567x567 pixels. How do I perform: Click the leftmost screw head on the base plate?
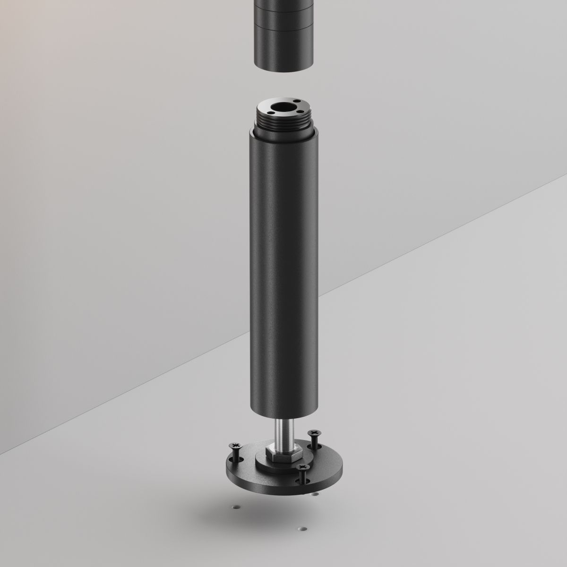[x=235, y=446]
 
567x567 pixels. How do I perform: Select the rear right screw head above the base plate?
[x=313, y=432]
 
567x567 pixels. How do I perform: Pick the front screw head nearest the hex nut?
[x=301, y=468]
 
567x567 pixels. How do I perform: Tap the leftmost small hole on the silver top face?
[x=270, y=112]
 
